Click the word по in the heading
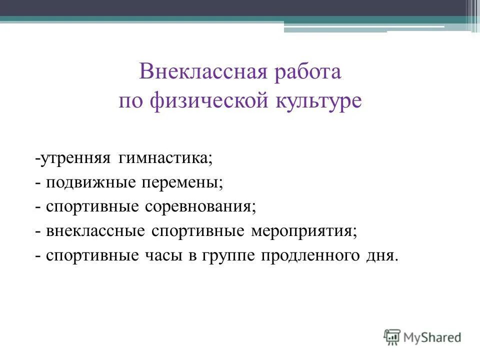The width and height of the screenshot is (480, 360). pos(130,101)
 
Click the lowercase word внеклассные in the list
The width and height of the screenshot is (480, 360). pos(96,230)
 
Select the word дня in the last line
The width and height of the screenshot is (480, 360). pos(382,255)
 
